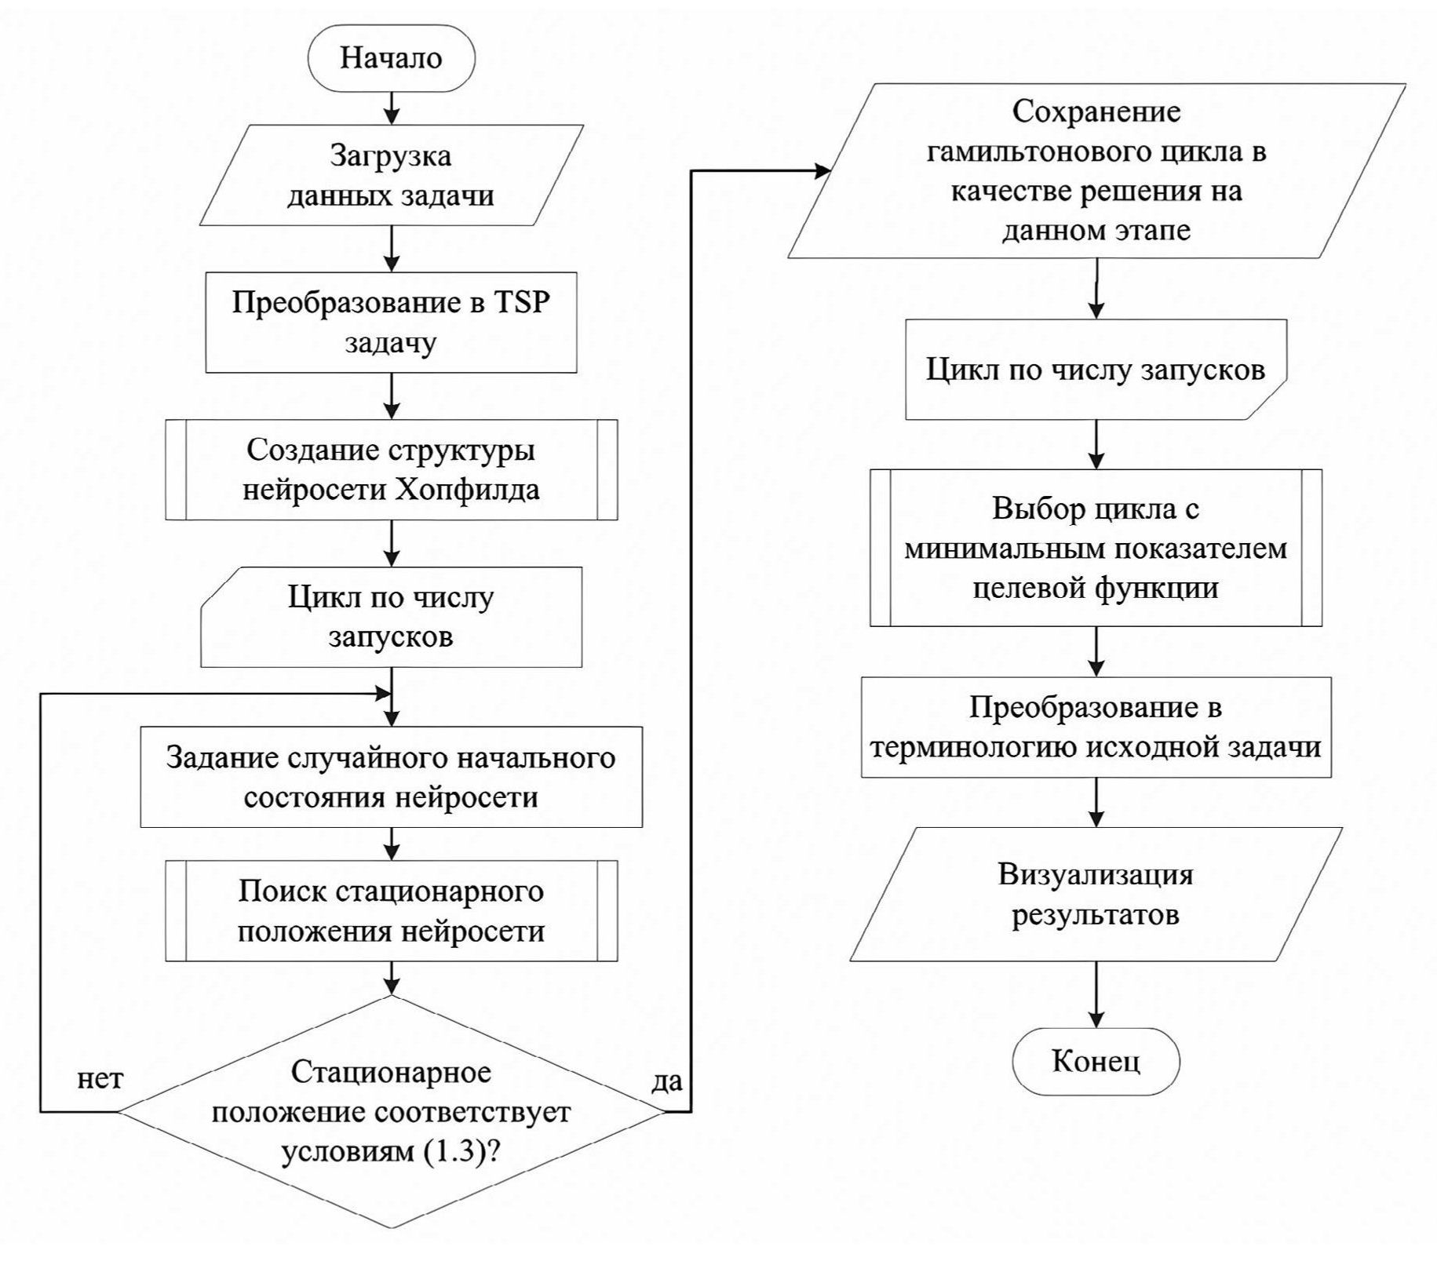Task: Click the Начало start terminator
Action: point(391,58)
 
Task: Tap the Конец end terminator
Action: point(1096,1061)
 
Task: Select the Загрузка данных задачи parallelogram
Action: point(391,175)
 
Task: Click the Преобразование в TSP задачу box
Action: point(391,323)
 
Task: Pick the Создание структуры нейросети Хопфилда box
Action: point(391,469)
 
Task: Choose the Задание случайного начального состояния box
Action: point(391,777)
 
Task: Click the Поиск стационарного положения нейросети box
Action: point(391,910)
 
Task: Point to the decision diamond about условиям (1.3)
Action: point(391,1111)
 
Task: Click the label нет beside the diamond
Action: point(100,1079)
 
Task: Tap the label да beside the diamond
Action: point(667,1081)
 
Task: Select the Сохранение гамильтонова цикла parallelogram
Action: point(1096,171)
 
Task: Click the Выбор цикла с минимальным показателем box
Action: point(1096,548)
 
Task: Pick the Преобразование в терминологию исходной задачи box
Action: point(1096,727)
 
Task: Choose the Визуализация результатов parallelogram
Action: point(1096,894)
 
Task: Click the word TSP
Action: point(521,303)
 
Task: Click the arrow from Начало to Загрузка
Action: point(391,107)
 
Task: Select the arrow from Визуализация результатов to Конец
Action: point(1096,994)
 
